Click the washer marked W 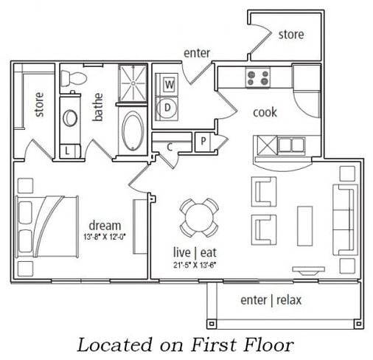tap(169, 84)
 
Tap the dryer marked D tap(167, 107)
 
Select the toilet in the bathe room tap(74, 78)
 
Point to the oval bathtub tap(133, 131)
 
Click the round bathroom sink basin tap(70, 118)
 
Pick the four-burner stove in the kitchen tap(258, 77)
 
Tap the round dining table tap(199, 218)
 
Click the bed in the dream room tap(46, 226)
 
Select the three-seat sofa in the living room tap(345, 219)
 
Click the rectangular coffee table tap(304, 226)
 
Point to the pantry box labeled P tap(203, 142)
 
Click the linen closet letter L tap(67, 151)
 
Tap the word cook tap(265, 112)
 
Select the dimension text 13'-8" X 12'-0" tap(105, 237)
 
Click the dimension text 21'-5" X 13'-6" tap(195, 265)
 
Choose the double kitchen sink tap(291, 145)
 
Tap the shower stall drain tap(133, 83)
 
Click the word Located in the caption tap(115, 345)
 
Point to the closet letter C tap(170, 147)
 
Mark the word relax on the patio tap(289, 300)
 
